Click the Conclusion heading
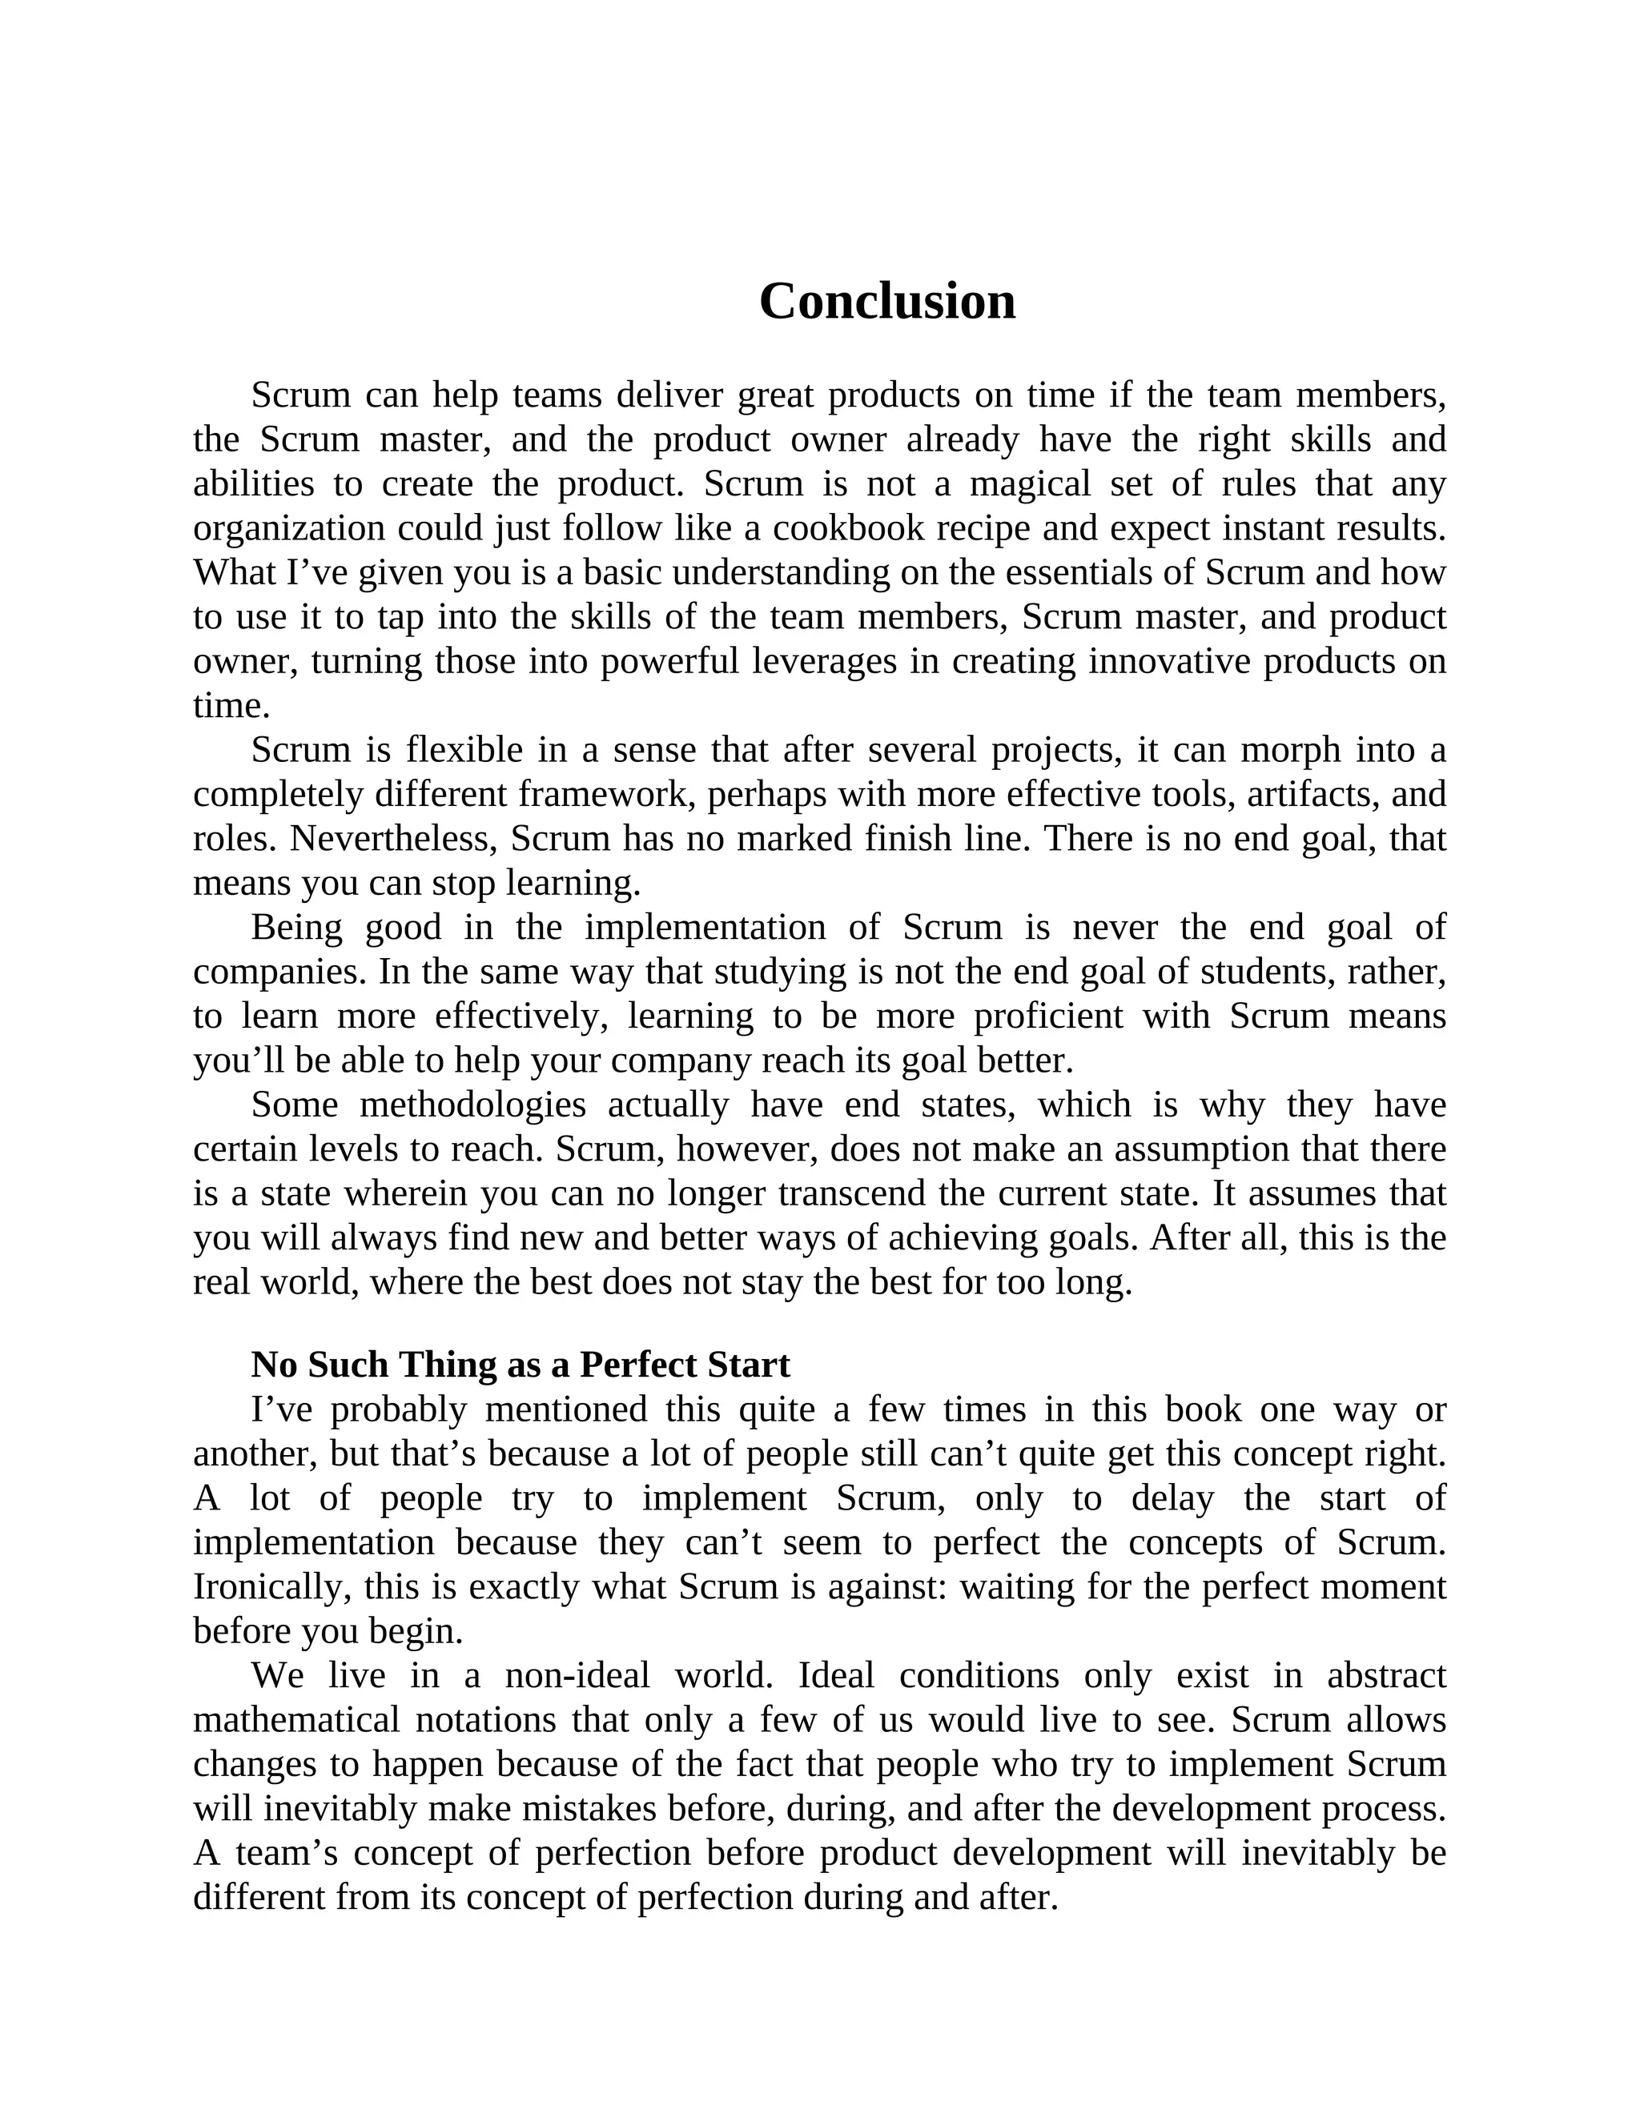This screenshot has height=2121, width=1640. click(x=887, y=301)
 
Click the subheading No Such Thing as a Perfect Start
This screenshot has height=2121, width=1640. click(x=520, y=1365)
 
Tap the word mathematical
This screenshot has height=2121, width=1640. click(x=296, y=1720)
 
